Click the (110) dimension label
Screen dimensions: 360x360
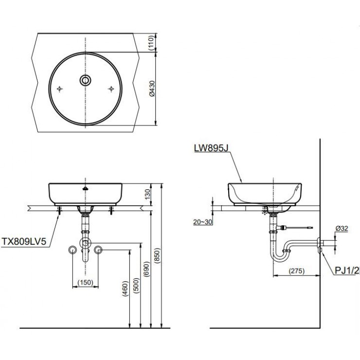click(151, 43)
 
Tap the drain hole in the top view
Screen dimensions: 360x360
click(86, 80)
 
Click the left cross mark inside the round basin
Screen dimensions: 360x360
click(60, 89)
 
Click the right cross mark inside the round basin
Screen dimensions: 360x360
click(112, 89)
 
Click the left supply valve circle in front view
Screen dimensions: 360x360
click(72, 250)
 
